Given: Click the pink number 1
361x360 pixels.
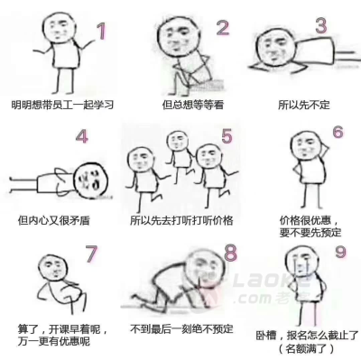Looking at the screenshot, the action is [102, 32].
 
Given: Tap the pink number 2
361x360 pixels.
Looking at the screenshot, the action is [223, 28].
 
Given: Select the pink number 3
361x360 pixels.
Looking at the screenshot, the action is [321, 25].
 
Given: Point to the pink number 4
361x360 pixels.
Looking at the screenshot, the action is [82, 136].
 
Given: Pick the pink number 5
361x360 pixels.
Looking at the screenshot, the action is [227, 135].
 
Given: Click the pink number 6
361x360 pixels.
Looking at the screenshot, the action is [338, 132].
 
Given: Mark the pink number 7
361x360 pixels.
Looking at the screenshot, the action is [91, 254].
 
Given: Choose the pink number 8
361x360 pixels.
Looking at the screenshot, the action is [231, 253].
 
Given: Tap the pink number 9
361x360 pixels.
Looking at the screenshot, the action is [340, 252].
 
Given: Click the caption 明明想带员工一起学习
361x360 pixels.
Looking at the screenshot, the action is [62, 105].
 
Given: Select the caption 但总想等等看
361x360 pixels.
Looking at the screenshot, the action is [193, 105].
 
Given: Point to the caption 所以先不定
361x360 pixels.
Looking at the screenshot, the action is [303, 105].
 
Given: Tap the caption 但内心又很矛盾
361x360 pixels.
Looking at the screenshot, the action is [54, 220].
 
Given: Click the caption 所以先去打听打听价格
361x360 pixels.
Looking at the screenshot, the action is [181, 220].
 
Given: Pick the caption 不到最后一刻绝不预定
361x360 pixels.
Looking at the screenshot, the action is [181, 328].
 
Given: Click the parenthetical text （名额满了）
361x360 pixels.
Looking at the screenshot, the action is [306, 348].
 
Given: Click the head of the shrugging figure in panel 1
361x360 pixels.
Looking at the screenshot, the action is [59, 28].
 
